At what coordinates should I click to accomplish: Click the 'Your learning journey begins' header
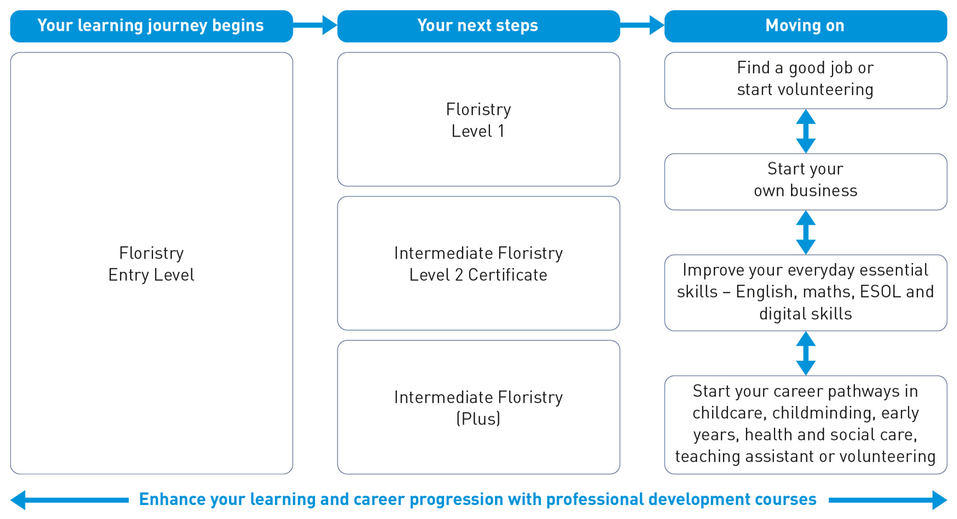[151, 26]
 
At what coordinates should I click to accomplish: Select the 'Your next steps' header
[478, 26]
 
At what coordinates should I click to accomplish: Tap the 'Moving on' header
[805, 26]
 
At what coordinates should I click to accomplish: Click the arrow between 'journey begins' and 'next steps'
[315, 26]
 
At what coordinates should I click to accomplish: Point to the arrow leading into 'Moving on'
[642, 26]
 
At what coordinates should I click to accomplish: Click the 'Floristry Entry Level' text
[151, 264]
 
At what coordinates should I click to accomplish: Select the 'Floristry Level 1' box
[478, 120]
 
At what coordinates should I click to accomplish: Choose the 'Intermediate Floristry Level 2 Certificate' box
[478, 264]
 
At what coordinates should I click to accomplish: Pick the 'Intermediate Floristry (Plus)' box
[478, 407]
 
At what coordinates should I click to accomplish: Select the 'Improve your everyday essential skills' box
[805, 292]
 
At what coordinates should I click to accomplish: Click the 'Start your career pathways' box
[805, 424]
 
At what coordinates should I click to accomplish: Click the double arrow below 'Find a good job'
[806, 131]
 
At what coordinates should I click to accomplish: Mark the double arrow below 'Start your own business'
[806, 232]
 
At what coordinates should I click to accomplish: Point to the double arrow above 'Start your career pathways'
[806, 353]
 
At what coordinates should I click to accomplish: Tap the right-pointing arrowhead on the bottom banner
[938, 500]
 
